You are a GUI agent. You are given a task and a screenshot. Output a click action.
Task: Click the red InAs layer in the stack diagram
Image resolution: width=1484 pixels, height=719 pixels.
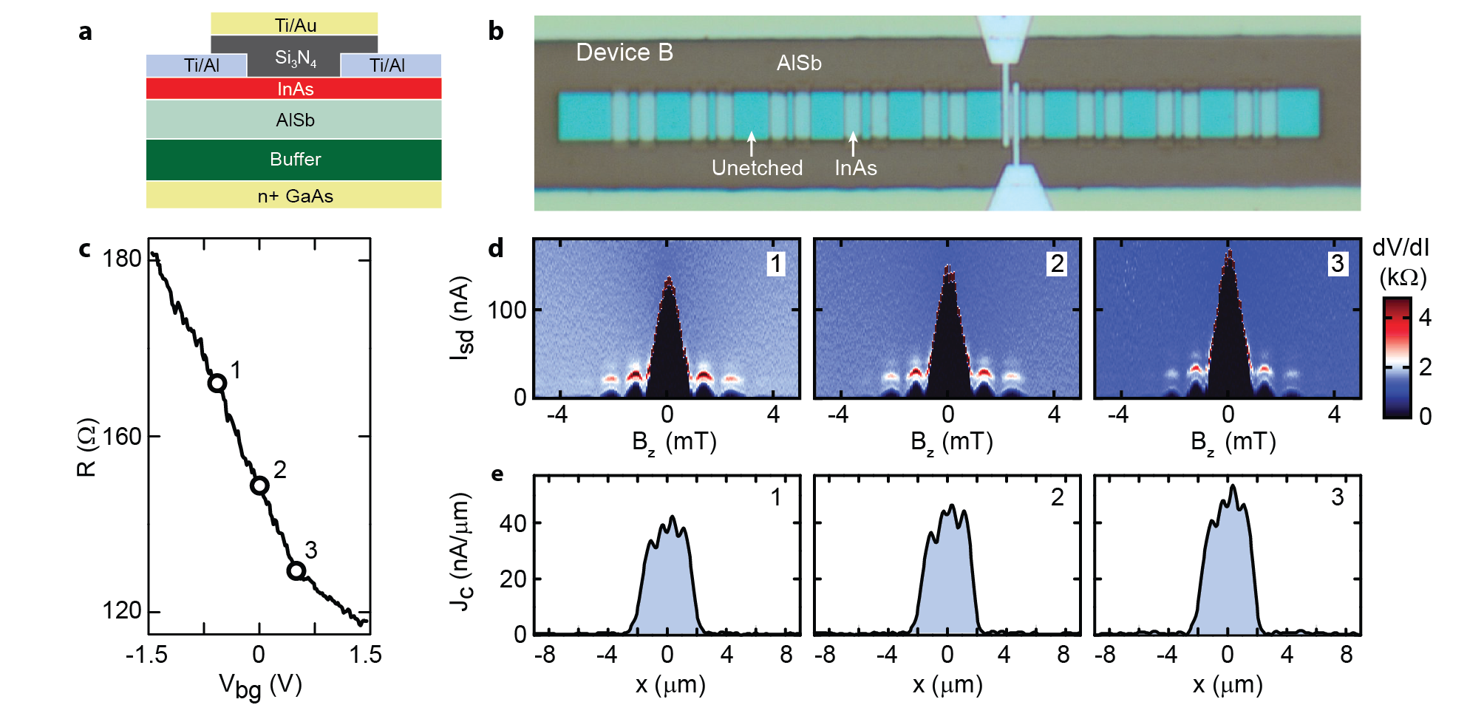click(x=294, y=89)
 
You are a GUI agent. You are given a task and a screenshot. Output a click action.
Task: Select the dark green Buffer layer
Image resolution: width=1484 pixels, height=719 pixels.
click(x=294, y=159)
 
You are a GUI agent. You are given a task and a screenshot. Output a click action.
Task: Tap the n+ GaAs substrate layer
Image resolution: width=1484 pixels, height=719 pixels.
click(x=294, y=196)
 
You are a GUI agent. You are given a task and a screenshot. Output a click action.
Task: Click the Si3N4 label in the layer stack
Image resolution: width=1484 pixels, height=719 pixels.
click(x=295, y=58)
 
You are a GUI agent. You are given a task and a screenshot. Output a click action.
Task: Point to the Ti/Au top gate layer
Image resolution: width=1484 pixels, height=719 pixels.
click(x=295, y=24)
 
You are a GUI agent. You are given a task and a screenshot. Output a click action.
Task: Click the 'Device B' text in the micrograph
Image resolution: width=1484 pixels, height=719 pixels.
click(x=624, y=52)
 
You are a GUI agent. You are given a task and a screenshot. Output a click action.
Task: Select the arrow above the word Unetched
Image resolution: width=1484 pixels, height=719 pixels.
click(x=752, y=143)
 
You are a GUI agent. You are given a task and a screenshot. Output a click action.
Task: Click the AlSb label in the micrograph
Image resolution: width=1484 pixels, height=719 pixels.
click(x=799, y=64)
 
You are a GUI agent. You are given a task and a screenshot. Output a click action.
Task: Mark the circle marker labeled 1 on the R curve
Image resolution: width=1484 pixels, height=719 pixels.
click(x=217, y=383)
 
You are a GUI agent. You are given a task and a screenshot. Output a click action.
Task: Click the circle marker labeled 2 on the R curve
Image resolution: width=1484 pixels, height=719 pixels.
click(x=259, y=485)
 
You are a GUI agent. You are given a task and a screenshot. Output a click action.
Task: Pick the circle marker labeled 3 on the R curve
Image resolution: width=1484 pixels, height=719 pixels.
click(x=296, y=570)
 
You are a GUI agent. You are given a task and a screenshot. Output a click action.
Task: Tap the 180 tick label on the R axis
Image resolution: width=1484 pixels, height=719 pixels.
click(x=121, y=259)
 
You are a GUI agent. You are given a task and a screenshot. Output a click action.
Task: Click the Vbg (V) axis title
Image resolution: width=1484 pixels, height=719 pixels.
click(x=260, y=686)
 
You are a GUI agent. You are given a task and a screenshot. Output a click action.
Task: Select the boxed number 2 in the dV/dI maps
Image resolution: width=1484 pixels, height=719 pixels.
click(x=1058, y=264)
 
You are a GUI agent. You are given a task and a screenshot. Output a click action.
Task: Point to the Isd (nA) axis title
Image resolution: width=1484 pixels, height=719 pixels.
click(x=461, y=318)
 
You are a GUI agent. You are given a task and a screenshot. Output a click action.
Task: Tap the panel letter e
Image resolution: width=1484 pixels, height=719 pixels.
click(x=497, y=474)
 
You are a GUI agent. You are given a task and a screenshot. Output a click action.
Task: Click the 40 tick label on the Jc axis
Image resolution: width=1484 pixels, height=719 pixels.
click(x=513, y=523)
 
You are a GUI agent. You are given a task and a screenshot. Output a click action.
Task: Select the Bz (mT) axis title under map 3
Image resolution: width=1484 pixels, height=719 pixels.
click(x=1233, y=442)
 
